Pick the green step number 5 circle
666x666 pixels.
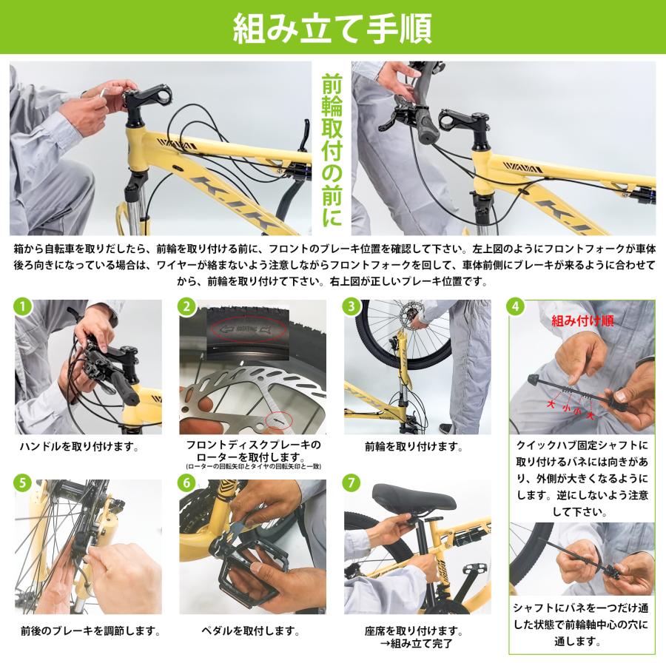(x=24, y=482)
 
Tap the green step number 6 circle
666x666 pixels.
(x=188, y=482)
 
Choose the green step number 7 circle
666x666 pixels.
(x=352, y=482)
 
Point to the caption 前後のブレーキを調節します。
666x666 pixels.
(x=90, y=632)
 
